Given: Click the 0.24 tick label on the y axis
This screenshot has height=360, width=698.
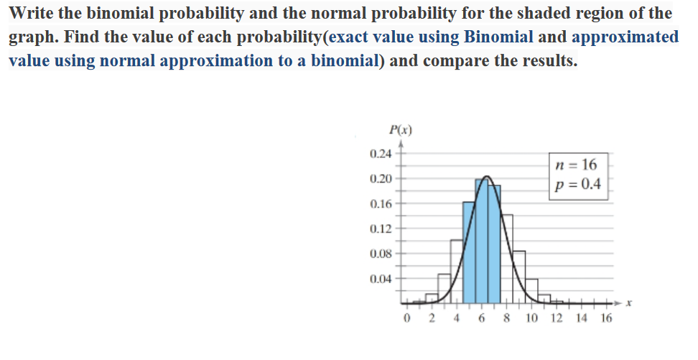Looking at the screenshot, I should pyautogui.click(x=380, y=154).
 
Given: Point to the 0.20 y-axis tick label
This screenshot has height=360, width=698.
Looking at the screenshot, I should pyautogui.click(x=380, y=178).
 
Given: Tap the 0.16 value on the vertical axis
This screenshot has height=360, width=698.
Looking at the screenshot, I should pyautogui.click(x=380, y=204).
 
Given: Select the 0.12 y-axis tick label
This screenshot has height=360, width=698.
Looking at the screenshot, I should pyautogui.click(x=380, y=229).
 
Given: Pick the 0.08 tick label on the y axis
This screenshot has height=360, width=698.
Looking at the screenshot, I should pyautogui.click(x=380, y=254).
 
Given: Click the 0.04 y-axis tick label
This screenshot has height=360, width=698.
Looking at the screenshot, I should pyautogui.click(x=380, y=279).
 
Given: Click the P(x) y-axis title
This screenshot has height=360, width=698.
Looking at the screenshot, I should pyautogui.click(x=399, y=130).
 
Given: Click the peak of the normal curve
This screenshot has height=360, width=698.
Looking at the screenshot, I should pyautogui.click(x=488, y=176).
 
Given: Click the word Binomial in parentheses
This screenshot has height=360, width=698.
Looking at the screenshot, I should pyautogui.click(x=498, y=37).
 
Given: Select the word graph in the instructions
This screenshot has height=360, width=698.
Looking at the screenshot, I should pyautogui.click(x=32, y=37).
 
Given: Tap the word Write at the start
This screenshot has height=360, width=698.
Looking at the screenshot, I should pyautogui.click(x=35, y=13).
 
